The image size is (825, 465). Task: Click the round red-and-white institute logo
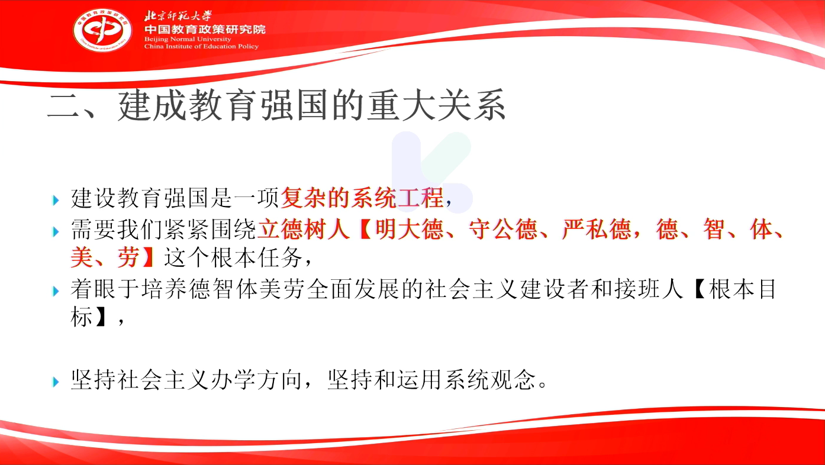(x=102, y=30)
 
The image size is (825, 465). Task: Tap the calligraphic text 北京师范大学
(x=178, y=16)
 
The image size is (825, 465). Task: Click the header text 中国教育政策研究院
(x=205, y=30)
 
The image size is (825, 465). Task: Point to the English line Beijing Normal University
(x=188, y=39)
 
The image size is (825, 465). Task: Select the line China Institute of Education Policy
(x=201, y=46)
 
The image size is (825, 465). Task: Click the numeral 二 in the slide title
(x=63, y=106)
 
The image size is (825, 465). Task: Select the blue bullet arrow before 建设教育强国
(x=56, y=201)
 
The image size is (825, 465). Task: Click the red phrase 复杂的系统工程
(x=362, y=198)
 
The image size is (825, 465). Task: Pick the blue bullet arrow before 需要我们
(x=56, y=231)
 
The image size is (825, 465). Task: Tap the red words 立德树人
(x=303, y=229)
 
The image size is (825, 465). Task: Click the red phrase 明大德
(x=409, y=229)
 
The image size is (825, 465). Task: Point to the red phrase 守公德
(x=503, y=229)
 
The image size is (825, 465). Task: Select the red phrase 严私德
(x=597, y=229)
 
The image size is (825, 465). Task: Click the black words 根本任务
(x=257, y=257)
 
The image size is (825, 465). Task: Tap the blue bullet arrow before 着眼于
(x=56, y=291)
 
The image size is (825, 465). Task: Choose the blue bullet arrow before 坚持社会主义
(x=56, y=382)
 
